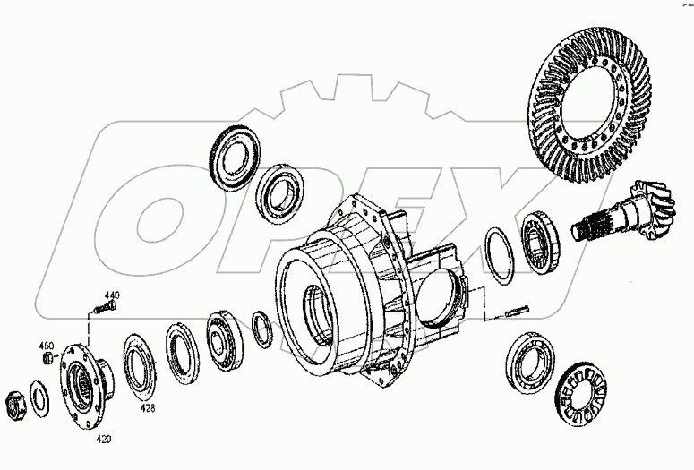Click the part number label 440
pyautogui.click(x=112, y=295)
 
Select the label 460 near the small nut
pyautogui.click(x=46, y=346)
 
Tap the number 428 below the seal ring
pyautogui.click(x=146, y=407)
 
